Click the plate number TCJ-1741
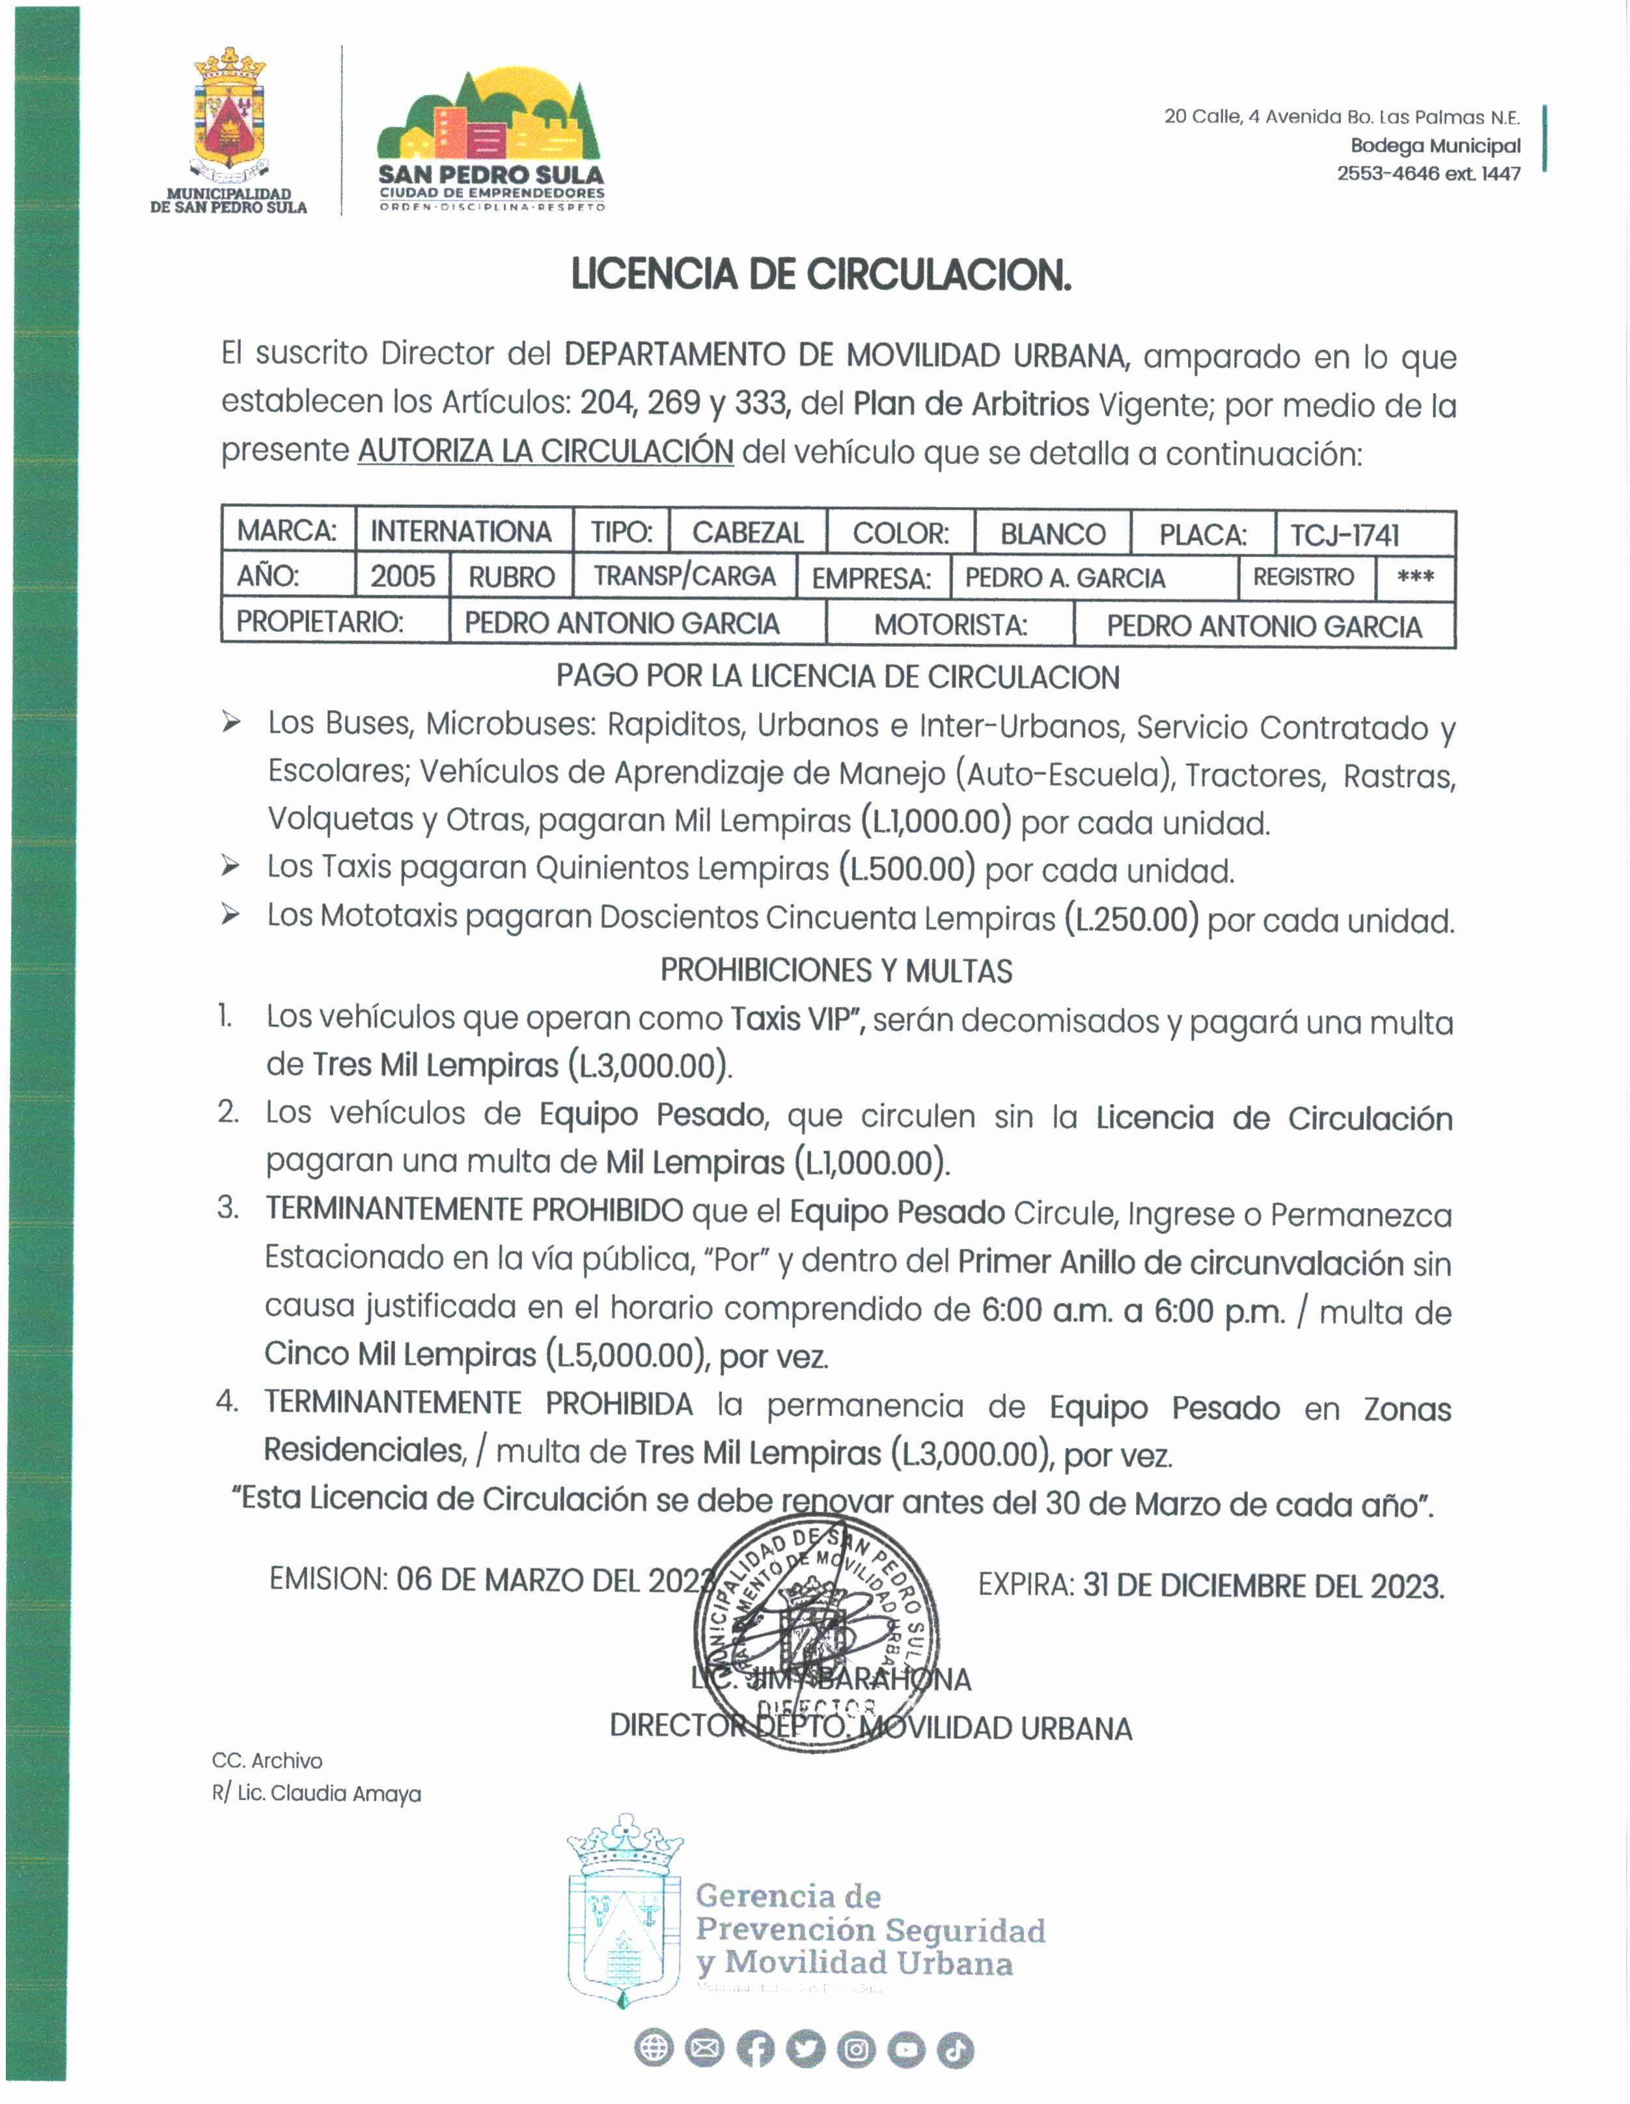(1345, 535)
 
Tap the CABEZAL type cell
(747, 533)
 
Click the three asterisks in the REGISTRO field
(1415, 578)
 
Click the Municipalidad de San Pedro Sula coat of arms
(229, 116)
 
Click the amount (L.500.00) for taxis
(907, 870)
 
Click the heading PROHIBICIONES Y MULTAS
(836, 971)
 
